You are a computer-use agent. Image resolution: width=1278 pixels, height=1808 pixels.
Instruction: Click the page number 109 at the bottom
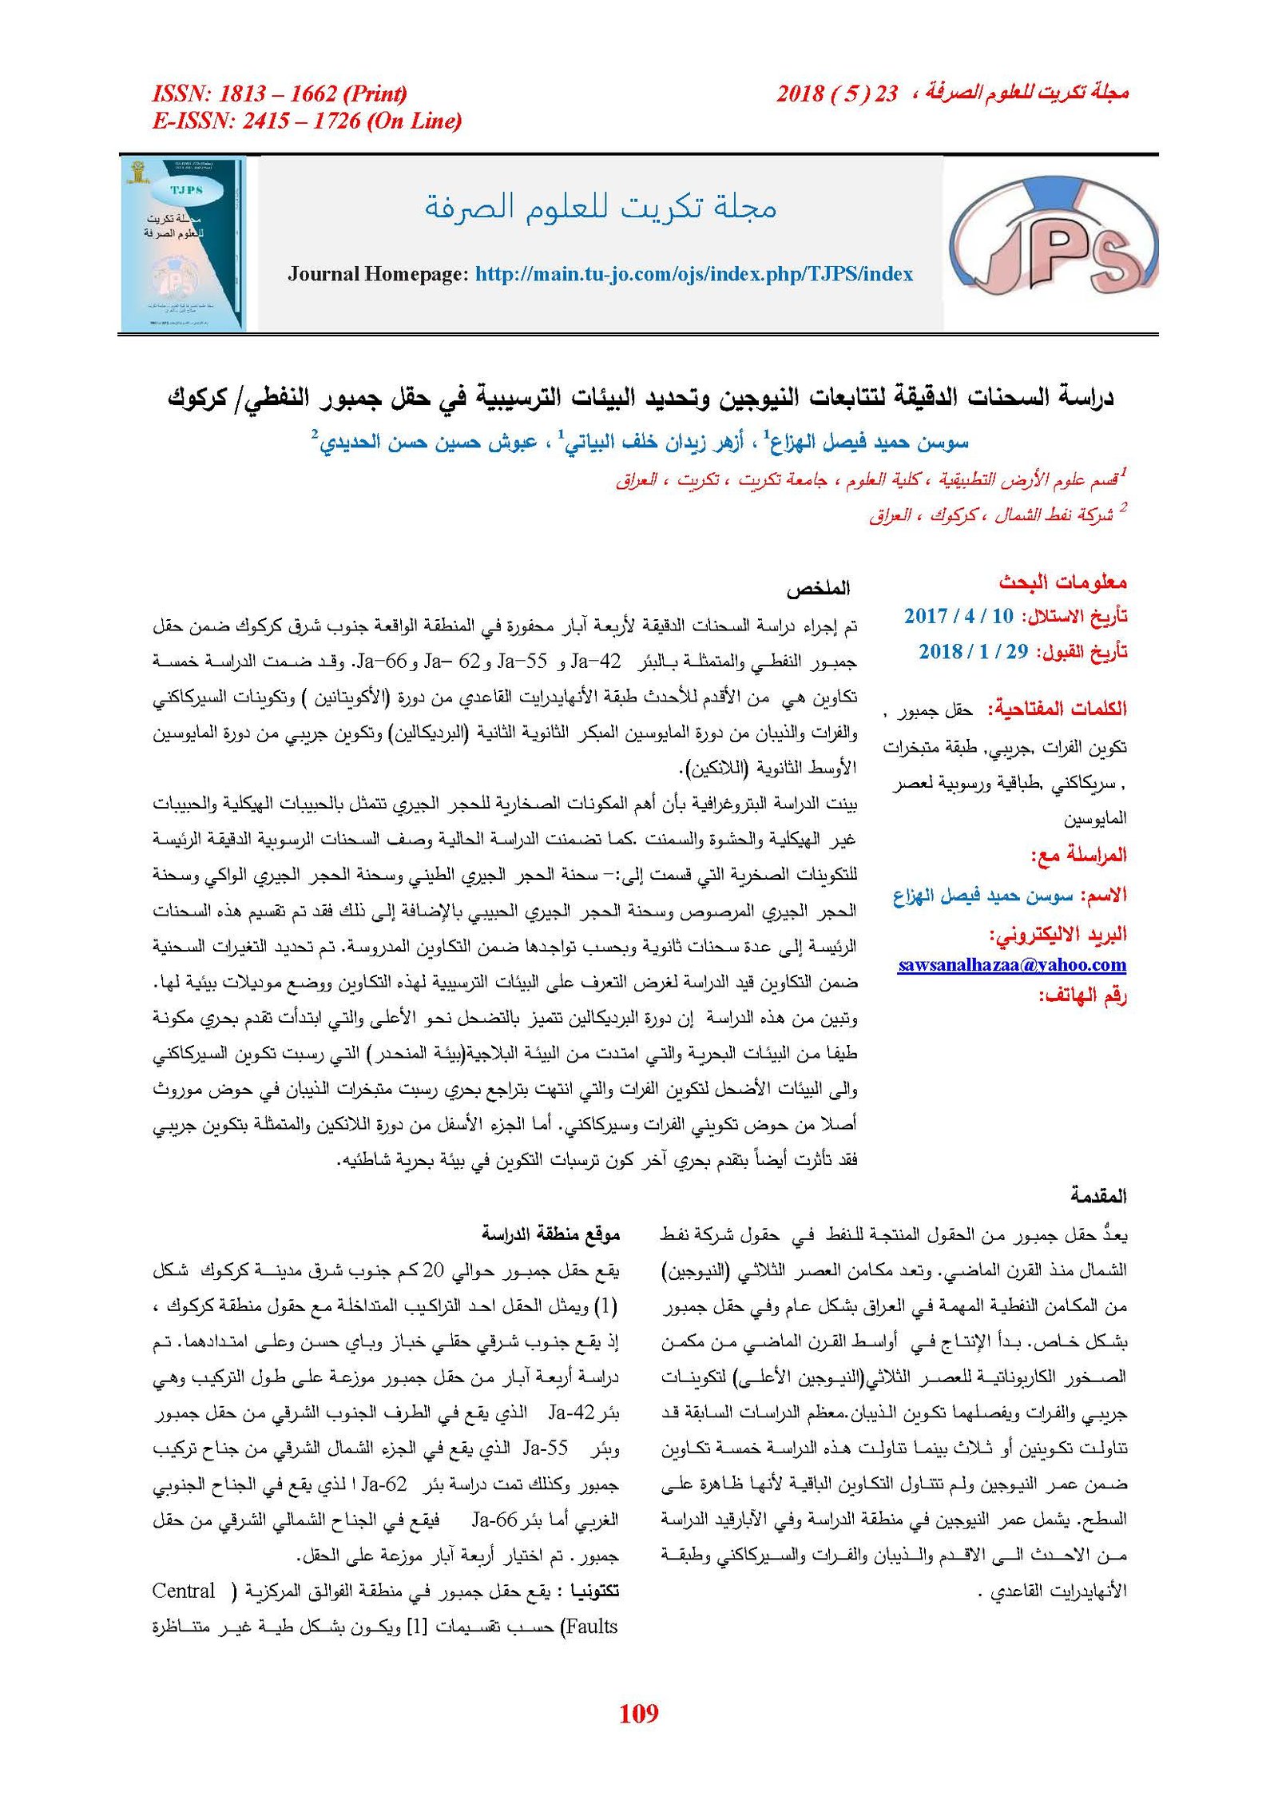tap(638, 1713)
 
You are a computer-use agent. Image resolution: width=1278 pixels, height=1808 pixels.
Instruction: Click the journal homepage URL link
tap(693, 274)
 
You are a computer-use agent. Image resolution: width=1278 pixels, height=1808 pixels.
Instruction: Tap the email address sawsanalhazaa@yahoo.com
tap(1011, 964)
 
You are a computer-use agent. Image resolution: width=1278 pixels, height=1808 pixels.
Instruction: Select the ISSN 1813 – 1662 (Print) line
tap(280, 93)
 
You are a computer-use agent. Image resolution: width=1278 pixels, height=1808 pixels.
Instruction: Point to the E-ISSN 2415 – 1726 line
tap(307, 121)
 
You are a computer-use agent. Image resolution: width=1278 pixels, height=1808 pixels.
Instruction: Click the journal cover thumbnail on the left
tap(183, 244)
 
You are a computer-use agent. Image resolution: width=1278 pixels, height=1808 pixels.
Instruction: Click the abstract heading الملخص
tap(818, 590)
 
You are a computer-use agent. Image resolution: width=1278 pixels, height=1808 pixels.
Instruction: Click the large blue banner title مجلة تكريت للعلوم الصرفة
tap(600, 207)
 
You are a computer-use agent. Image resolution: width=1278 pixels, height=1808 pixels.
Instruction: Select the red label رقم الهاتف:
tap(1082, 995)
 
